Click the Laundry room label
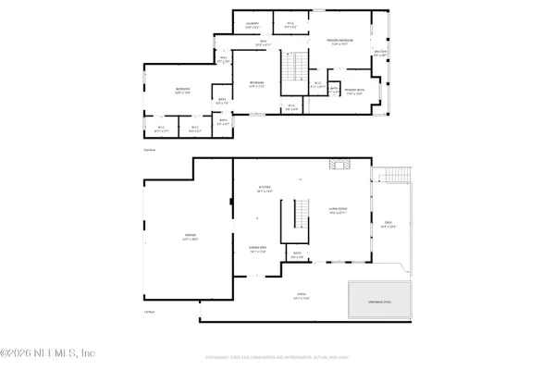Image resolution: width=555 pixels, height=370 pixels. click(x=251, y=24)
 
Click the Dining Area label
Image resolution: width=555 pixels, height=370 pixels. click(x=257, y=248)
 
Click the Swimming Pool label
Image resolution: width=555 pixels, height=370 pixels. click(x=380, y=301)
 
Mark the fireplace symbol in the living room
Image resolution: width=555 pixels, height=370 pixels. click(x=339, y=165)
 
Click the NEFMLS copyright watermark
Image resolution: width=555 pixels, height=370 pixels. click(x=48, y=352)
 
